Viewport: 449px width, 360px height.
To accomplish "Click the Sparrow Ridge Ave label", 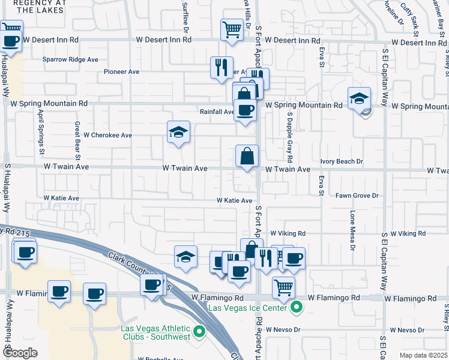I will click(70, 59).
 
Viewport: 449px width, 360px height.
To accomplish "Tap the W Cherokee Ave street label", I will click(107, 135).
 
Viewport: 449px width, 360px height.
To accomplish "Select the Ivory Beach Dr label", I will click(342, 161).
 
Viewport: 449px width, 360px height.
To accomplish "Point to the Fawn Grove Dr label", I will click(357, 196).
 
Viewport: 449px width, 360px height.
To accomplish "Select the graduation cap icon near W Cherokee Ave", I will click(178, 132).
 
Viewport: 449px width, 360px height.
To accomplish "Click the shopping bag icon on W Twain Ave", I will click(247, 156).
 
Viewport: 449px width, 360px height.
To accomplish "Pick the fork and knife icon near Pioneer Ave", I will click(221, 66).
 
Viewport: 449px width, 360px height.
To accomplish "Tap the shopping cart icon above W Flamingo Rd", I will click(283, 286).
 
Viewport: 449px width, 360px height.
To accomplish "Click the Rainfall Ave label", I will click(217, 112).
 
